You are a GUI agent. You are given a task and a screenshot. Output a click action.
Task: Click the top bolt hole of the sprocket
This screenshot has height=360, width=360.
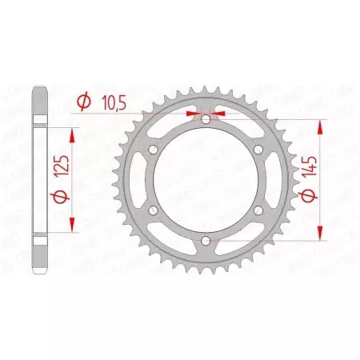coord(205,119)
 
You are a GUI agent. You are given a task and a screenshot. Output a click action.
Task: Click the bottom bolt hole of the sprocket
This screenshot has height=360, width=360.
coord(205,239)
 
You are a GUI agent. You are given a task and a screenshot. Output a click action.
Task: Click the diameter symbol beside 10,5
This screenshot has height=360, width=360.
coord(82,102)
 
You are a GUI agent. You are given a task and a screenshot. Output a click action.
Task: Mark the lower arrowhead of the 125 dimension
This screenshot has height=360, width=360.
coord(74,220)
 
